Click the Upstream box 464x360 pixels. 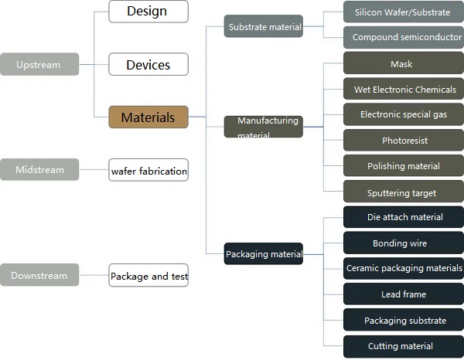39,64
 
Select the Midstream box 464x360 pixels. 39,169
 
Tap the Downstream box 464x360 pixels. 39,275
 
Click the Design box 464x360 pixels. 148,11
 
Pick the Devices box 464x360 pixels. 148,65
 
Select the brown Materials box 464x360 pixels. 148,117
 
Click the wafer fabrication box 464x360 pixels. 148,170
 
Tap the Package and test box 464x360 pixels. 148,276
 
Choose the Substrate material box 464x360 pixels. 263,27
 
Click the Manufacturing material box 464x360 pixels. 263,127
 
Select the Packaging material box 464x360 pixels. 263,253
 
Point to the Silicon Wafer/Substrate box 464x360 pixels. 403,12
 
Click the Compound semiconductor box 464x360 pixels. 403,37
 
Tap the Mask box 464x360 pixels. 403,63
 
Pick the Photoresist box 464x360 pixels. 403,141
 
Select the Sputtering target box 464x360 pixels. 403,192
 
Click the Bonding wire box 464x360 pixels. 403,243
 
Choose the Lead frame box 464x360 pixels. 403,294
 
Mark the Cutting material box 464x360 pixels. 403,346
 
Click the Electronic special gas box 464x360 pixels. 403,114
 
